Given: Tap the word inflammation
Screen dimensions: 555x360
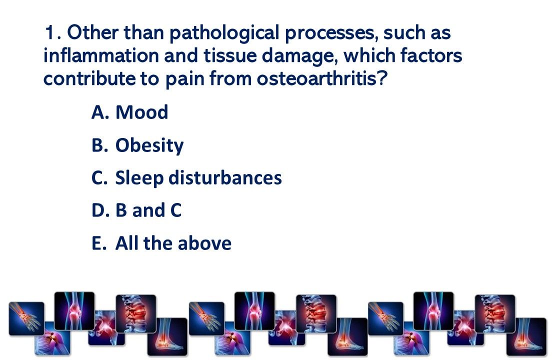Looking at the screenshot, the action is [101, 56].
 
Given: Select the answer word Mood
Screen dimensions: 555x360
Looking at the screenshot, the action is [142, 112].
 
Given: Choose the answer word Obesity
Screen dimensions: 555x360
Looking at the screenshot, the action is [149, 146].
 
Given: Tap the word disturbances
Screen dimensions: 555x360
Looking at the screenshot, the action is [225, 177].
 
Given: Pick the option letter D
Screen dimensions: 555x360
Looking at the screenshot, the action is [98, 210].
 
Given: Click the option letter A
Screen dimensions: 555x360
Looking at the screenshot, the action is [98, 112].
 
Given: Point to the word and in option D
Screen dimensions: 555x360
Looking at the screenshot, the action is [148, 210].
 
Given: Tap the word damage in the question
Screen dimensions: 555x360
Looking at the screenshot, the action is [299, 56].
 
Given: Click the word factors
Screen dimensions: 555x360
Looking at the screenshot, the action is [431, 56].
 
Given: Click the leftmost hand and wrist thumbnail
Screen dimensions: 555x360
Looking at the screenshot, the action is [26, 318].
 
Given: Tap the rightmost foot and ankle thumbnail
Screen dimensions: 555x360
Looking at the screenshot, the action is [526, 336].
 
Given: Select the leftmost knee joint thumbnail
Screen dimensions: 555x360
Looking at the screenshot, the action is [74, 311].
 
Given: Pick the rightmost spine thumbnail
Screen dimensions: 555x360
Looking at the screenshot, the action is [495, 313].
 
